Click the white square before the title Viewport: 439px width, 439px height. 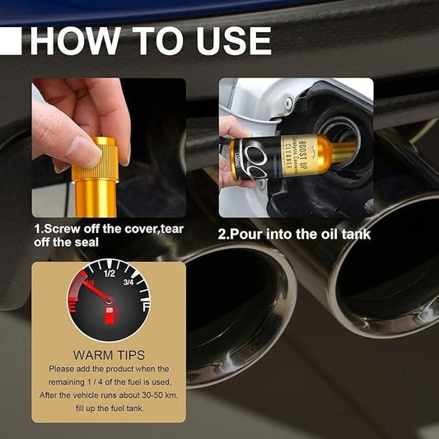(x=11, y=40)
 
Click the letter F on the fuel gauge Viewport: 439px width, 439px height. (x=146, y=306)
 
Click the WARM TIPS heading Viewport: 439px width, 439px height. (x=109, y=355)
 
